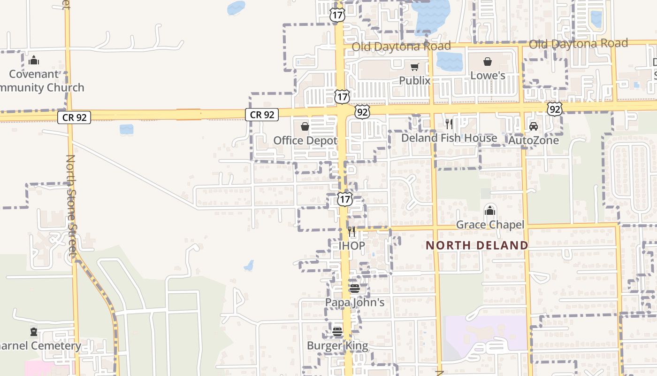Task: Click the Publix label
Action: coord(414,81)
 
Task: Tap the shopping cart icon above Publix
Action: coord(414,67)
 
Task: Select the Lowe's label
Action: coord(488,76)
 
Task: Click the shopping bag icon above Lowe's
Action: coord(488,62)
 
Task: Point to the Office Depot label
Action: coord(305,141)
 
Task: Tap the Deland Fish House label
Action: coord(449,138)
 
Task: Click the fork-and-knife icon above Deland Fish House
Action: coord(449,124)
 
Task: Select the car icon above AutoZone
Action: coord(534,126)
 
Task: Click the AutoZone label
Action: coord(534,140)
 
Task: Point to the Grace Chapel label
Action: coord(490,225)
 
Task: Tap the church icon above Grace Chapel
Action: coord(490,211)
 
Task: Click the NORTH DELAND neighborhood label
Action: coord(477,245)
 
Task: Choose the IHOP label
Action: coord(351,245)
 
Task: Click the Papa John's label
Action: coord(355,302)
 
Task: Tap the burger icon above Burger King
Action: coord(337,332)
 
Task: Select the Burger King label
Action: coord(337,346)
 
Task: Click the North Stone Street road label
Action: coord(71,207)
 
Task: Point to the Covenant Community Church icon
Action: coord(33,60)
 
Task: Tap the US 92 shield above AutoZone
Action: coord(555,109)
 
